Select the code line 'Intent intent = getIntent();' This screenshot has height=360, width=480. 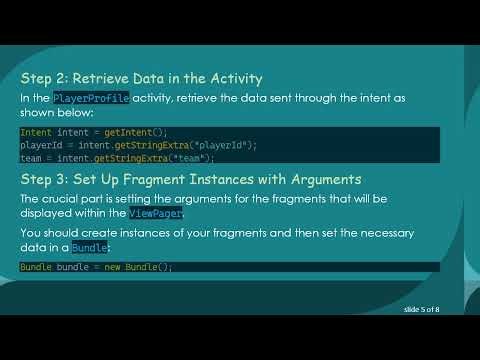click(x=94, y=132)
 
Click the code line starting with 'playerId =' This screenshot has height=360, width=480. click(x=138, y=145)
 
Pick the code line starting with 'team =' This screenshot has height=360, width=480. click(x=117, y=157)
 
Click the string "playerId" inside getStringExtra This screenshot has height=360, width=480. click(x=226, y=145)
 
